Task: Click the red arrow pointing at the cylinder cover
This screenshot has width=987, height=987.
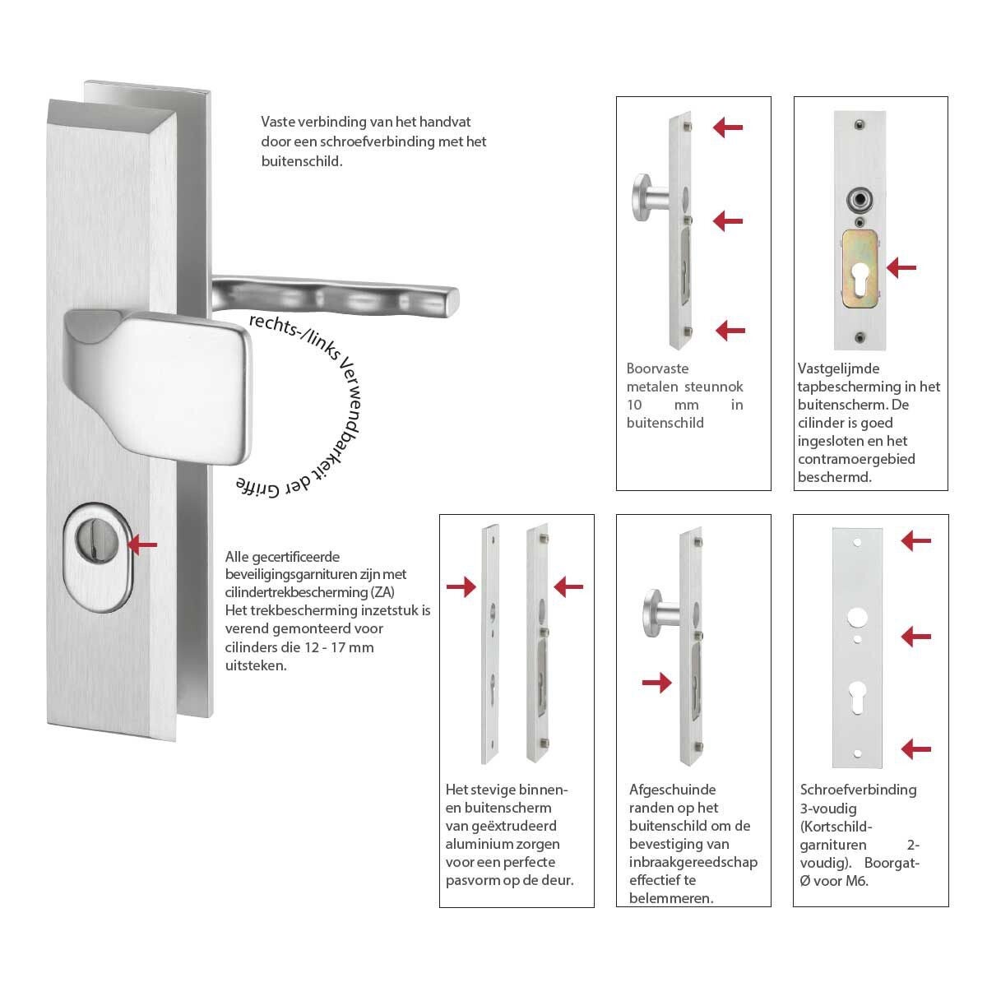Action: tap(142, 544)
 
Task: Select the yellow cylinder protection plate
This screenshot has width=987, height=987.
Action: tap(860, 269)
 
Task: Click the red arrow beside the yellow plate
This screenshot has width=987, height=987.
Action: tap(901, 267)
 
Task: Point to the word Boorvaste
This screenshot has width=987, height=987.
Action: tap(657, 368)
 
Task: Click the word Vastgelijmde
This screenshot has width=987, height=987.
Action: tap(838, 368)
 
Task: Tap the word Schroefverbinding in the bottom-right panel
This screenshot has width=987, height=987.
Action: tap(859, 790)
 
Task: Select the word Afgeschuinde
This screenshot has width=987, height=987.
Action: tap(673, 790)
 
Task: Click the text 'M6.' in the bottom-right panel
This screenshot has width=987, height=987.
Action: tap(856, 881)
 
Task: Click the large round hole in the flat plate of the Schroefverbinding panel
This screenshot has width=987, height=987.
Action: tap(857, 617)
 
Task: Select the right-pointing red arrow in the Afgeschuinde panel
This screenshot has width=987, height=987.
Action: tap(656, 682)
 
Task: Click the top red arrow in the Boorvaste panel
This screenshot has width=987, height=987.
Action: tap(728, 127)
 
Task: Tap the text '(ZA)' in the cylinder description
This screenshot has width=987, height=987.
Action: tap(382, 592)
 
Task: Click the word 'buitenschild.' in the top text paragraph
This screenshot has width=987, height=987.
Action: tap(302, 161)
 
